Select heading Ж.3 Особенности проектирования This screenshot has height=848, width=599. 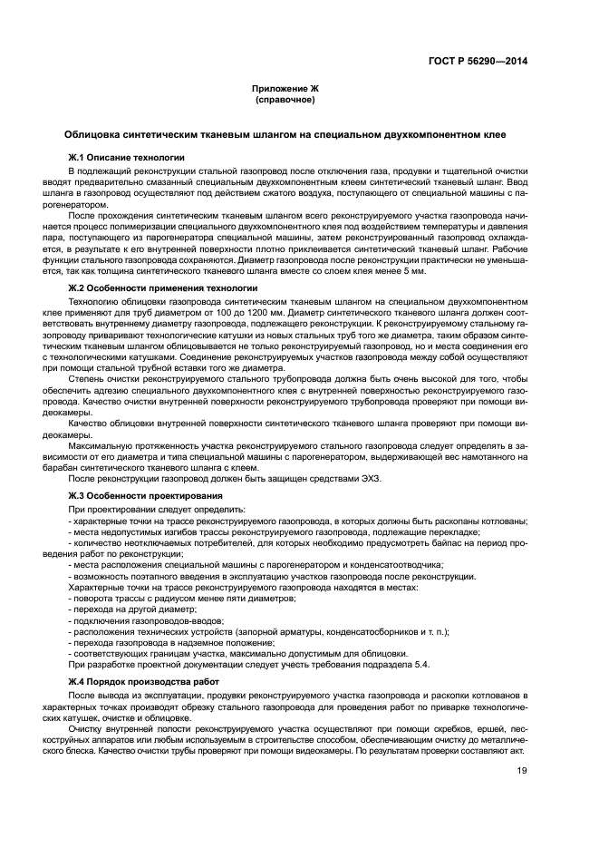pos(145,496)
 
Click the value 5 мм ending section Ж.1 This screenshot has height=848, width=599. pos(412,270)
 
